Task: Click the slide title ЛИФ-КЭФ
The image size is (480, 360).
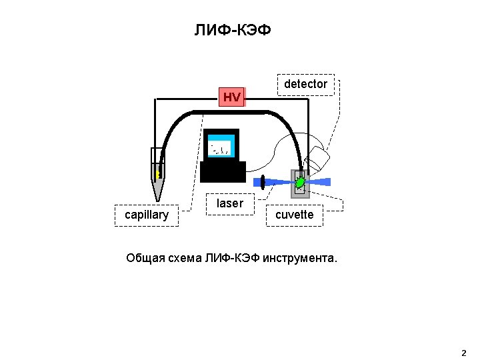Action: point(233,30)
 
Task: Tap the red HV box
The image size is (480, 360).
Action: point(232,97)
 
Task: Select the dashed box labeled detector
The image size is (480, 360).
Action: point(306,85)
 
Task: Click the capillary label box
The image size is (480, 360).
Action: point(147,215)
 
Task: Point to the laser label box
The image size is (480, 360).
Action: point(230,204)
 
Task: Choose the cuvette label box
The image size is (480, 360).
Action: point(295,215)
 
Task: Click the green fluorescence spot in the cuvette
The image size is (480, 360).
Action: point(300,183)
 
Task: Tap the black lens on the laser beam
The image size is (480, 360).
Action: point(263,183)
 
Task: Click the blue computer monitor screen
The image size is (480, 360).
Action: point(221,146)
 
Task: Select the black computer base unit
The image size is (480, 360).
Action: point(223,172)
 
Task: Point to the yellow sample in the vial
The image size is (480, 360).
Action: point(158,175)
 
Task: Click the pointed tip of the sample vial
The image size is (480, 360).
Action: point(157,201)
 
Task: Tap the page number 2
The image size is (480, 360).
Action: point(463,353)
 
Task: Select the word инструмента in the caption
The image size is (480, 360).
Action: point(300,259)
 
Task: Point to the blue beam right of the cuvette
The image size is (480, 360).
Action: point(320,182)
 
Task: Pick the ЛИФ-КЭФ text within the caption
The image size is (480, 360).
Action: point(233,259)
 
